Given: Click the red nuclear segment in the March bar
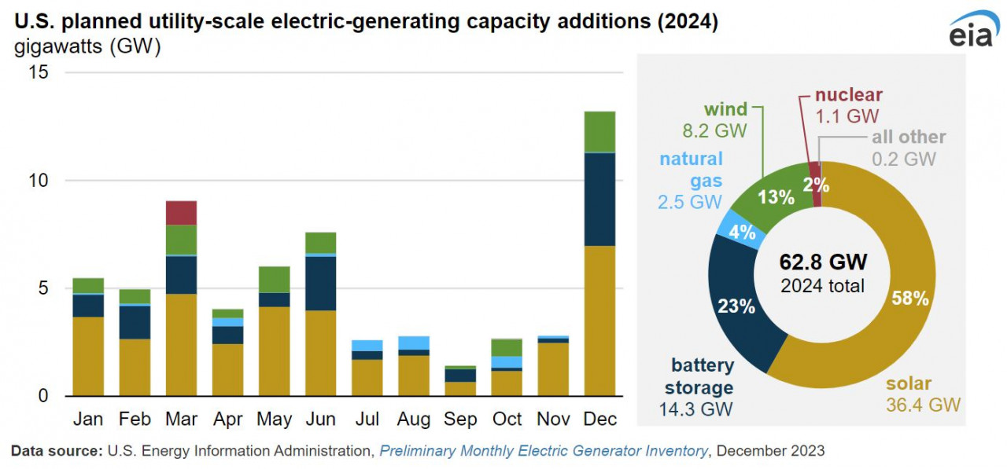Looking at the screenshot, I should click(181, 213).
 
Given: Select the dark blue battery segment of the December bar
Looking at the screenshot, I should click(599, 199).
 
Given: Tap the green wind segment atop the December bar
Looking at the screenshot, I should click(599, 131).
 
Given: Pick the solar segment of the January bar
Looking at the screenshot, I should click(88, 356).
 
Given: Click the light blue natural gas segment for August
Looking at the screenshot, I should click(414, 343).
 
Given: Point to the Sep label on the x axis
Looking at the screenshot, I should click(460, 420).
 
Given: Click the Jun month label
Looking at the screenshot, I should click(320, 420).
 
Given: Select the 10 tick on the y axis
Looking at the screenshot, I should click(38, 181).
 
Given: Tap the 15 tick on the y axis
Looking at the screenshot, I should click(38, 72).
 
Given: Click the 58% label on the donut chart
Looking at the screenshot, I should click(912, 299).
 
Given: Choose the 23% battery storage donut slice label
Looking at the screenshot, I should click(736, 306).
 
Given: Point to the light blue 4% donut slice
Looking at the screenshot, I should click(742, 233).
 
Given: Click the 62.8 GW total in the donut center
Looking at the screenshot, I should click(823, 262).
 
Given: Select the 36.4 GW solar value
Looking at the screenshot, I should click(923, 405).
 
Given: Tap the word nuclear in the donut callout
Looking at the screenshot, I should click(848, 95).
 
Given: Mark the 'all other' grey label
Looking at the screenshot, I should click(909, 137).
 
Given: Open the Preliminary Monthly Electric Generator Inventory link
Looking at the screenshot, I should click(544, 451).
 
